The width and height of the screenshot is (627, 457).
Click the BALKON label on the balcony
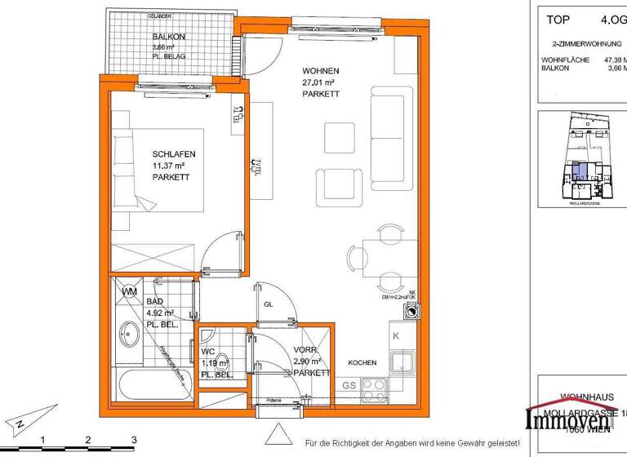pyautogui.click(x=168, y=37)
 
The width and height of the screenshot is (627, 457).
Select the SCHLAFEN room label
pyautogui.click(x=174, y=153)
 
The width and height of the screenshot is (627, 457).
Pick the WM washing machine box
pyautogui.click(x=129, y=291)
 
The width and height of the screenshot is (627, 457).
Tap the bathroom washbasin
pyautogui.click(x=129, y=334)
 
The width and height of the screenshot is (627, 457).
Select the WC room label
pyautogui.click(x=207, y=352)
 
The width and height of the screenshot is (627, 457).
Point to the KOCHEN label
pyautogui.click(x=361, y=362)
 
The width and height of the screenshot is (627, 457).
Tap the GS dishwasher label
pyautogui.click(x=349, y=385)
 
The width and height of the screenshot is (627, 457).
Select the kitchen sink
pyautogui.click(x=401, y=360)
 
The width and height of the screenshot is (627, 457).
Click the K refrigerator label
pyautogui.click(x=394, y=336)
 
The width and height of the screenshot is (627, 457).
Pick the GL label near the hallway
pyautogui.click(x=267, y=305)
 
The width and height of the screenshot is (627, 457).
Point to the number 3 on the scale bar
pyautogui.click(x=133, y=440)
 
